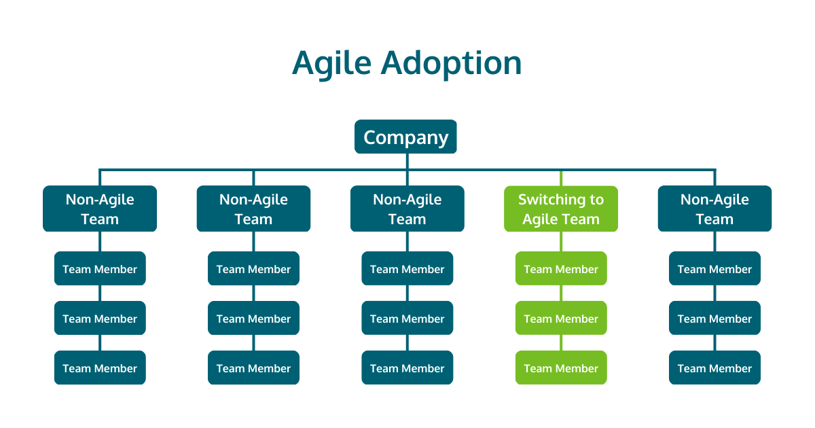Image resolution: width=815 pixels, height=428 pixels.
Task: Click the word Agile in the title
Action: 331,64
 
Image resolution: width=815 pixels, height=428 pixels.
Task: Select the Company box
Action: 405,137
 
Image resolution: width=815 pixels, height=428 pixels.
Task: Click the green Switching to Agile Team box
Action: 561,209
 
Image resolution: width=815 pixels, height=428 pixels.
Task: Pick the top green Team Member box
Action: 561,269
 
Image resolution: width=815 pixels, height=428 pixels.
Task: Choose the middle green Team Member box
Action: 561,319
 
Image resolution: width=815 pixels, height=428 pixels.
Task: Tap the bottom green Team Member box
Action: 561,368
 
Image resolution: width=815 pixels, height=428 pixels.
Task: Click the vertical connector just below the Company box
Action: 407,161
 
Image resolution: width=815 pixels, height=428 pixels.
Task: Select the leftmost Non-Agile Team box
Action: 100,209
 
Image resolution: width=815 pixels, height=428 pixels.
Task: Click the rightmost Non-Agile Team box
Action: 714,209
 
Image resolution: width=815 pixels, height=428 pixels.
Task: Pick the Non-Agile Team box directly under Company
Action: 407,209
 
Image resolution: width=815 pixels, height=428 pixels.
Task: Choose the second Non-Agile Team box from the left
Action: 253,209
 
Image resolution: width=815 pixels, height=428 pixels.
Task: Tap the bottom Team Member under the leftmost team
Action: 100,368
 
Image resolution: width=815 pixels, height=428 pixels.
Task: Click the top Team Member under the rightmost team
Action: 714,269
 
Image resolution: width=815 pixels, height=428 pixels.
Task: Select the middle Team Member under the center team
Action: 407,319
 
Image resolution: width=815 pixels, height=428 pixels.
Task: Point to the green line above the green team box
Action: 561,178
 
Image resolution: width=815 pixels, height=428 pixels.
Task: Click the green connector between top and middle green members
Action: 561,293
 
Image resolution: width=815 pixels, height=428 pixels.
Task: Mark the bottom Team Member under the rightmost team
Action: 714,368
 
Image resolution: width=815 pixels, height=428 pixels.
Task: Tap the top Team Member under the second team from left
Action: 253,269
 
